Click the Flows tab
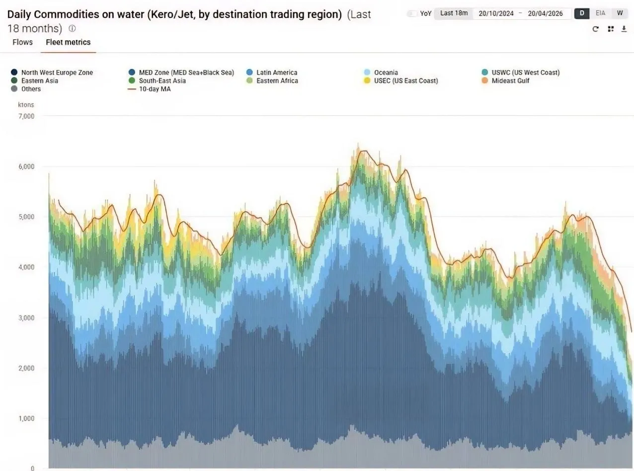(x=22, y=42)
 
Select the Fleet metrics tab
(x=68, y=42)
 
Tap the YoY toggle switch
(x=412, y=13)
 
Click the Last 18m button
(x=454, y=13)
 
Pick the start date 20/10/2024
(x=496, y=13)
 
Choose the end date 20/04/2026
(x=545, y=13)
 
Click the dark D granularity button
(x=582, y=13)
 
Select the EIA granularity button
(x=600, y=13)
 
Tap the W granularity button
(x=620, y=13)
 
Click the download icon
(x=624, y=29)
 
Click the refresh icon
(x=595, y=29)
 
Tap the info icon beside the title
(x=73, y=28)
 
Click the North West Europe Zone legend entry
(x=52, y=73)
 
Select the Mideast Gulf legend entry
(x=505, y=80)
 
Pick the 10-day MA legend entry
(x=149, y=89)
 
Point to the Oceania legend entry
(x=381, y=73)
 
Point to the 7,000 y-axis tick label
(x=26, y=116)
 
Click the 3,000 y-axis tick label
(x=26, y=318)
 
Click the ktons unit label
(x=26, y=105)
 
